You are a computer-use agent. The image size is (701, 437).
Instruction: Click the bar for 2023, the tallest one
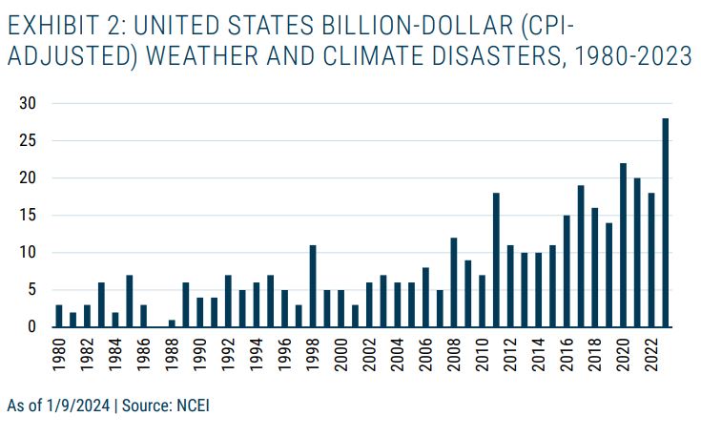point(666,223)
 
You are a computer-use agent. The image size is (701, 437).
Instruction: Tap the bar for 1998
point(312,286)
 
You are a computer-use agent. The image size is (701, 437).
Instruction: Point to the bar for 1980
point(59,316)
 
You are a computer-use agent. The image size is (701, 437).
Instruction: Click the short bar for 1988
point(171,323)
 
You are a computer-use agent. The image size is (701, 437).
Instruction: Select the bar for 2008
point(454,282)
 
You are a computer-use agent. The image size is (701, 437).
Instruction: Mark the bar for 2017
point(581,257)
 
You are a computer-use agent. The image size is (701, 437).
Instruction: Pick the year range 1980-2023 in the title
point(636,56)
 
